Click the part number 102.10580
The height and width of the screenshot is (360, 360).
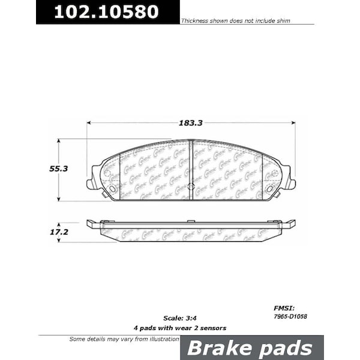[107, 12]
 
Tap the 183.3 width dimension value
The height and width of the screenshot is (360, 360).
[191, 122]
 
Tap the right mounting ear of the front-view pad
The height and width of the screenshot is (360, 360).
[290, 183]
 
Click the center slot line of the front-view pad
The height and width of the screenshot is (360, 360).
[191, 168]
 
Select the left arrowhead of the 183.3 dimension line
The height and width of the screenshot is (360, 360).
[89, 122]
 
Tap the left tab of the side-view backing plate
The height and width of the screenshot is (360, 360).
[92, 224]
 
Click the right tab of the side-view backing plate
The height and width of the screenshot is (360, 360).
[290, 224]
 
